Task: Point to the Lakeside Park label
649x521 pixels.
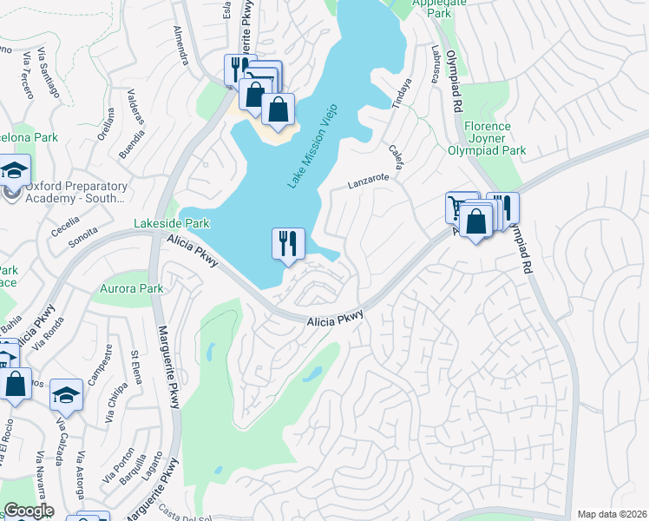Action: point(172,223)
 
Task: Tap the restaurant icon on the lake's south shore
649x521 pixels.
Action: point(288,243)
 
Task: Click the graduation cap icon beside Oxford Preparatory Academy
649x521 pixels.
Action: point(14,170)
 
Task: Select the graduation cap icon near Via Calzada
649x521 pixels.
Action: point(65,395)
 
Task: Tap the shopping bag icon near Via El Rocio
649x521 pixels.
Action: point(15,383)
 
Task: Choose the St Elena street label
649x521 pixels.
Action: point(134,366)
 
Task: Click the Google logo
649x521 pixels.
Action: point(28,511)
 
